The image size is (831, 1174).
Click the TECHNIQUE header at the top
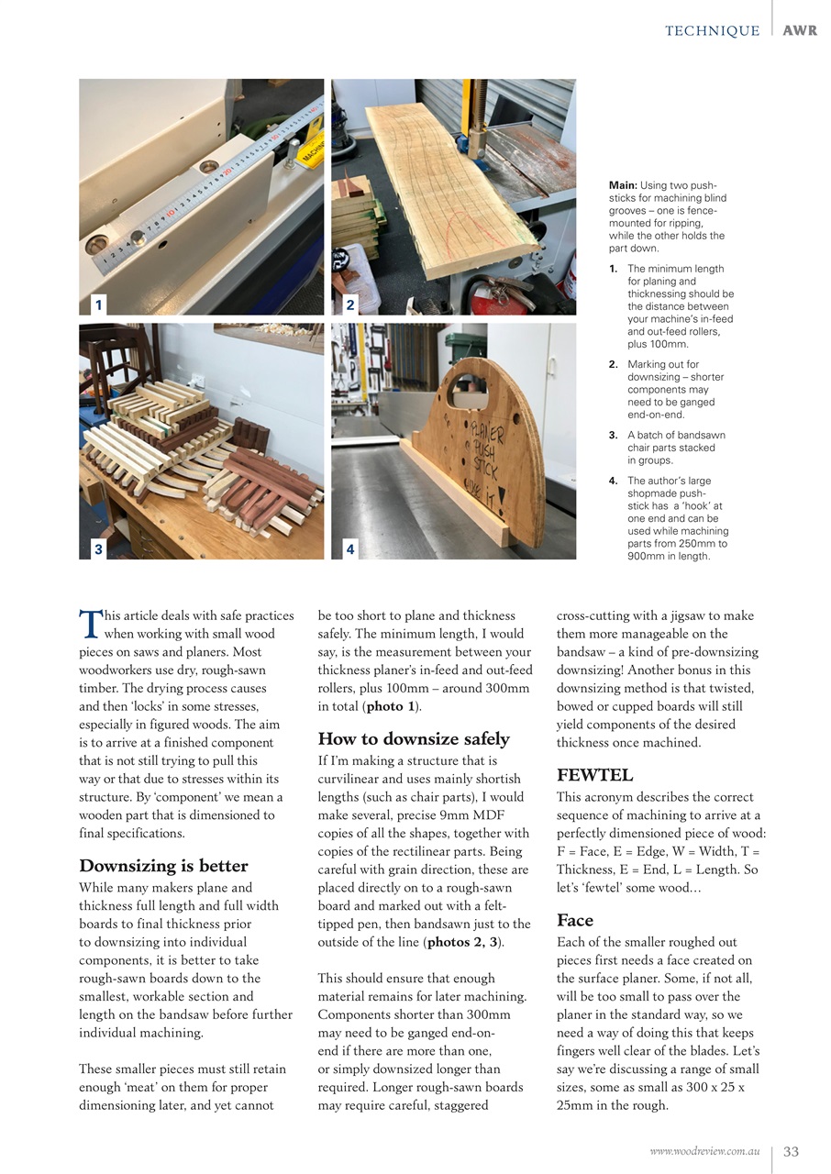pos(712,31)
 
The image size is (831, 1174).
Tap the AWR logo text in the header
pos(801,31)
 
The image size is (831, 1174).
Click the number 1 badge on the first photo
pos(98,305)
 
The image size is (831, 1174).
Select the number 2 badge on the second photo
pos(350,305)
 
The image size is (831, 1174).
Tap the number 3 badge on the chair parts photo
pos(98,549)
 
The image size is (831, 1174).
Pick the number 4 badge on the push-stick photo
pos(350,549)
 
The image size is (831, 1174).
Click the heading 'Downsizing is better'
pos(163,866)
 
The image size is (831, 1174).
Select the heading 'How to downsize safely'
pos(413,739)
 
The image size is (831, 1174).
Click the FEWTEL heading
pos(594,775)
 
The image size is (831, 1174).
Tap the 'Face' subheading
pos(575,920)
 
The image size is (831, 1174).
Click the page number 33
pos(791,1152)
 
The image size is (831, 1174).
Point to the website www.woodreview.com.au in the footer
pos(704,1152)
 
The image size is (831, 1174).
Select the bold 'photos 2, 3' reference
pos(463,942)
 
